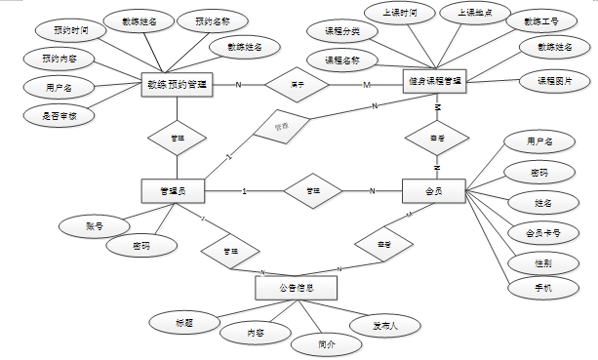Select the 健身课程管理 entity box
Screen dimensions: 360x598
pos(435,80)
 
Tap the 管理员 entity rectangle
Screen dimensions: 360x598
pos(177,190)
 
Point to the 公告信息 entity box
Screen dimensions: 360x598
pos(296,289)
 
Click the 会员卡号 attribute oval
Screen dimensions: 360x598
pos(536,233)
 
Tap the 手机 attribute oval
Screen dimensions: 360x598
pos(542,289)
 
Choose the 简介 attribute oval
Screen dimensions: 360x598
pos(328,344)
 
